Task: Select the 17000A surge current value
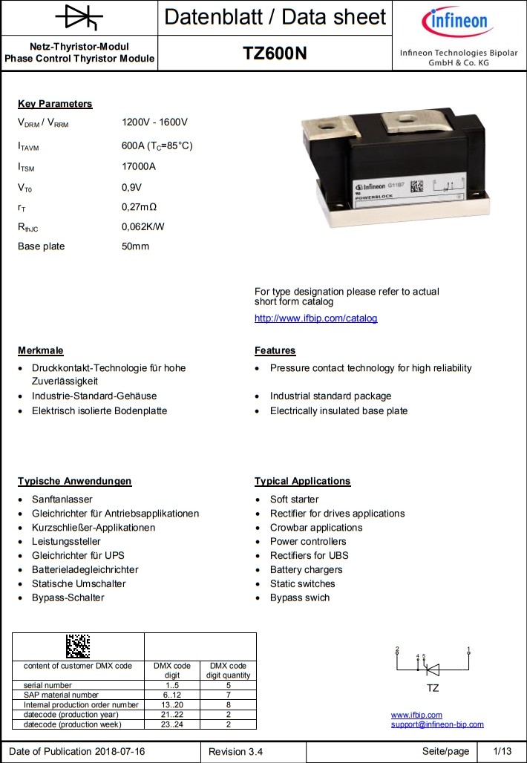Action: tap(139, 166)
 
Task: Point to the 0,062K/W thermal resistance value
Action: tap(143, 226)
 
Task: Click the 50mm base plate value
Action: tap(135, 246)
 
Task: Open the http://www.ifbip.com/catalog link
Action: tap(315, 318)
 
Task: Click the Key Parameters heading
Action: tap(55, 104)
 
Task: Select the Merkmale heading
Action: tap(41, 350)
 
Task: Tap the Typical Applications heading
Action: tap(302, 481)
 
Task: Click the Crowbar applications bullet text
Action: tap(316, 528)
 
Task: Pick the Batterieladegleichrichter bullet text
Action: tap(85, 570)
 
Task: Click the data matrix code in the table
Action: tap(77, 646)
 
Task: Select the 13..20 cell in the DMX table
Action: tap(171, 704)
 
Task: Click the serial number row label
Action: tap(48, 685)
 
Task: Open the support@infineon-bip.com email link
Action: tap(437, 724)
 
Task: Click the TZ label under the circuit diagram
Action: tap(433, 688)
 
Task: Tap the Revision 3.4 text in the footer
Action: tap(235, 752)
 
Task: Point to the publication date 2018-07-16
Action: tap(120, 752)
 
